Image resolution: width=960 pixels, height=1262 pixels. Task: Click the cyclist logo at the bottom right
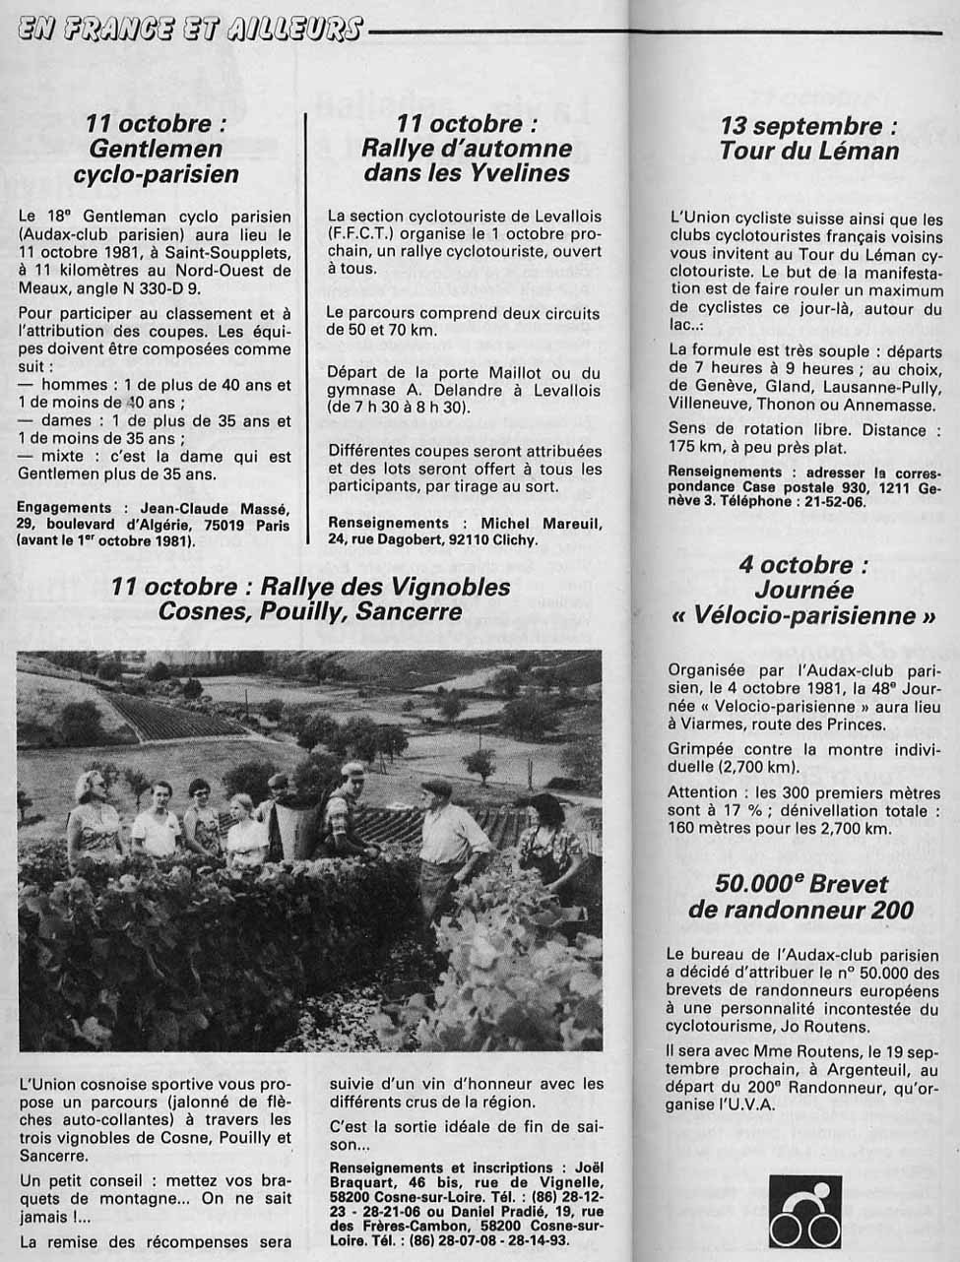tap(804, 1212)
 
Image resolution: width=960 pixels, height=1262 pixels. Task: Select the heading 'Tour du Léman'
tap(809, 152)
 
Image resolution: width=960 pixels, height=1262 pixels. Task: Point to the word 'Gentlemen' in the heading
tap(156, 150)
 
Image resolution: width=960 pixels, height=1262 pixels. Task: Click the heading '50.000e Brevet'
tap(801, 884)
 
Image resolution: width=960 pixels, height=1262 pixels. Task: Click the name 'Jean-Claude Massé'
tap(209, 509)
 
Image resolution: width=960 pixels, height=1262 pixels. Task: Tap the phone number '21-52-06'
tap(833, 501)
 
